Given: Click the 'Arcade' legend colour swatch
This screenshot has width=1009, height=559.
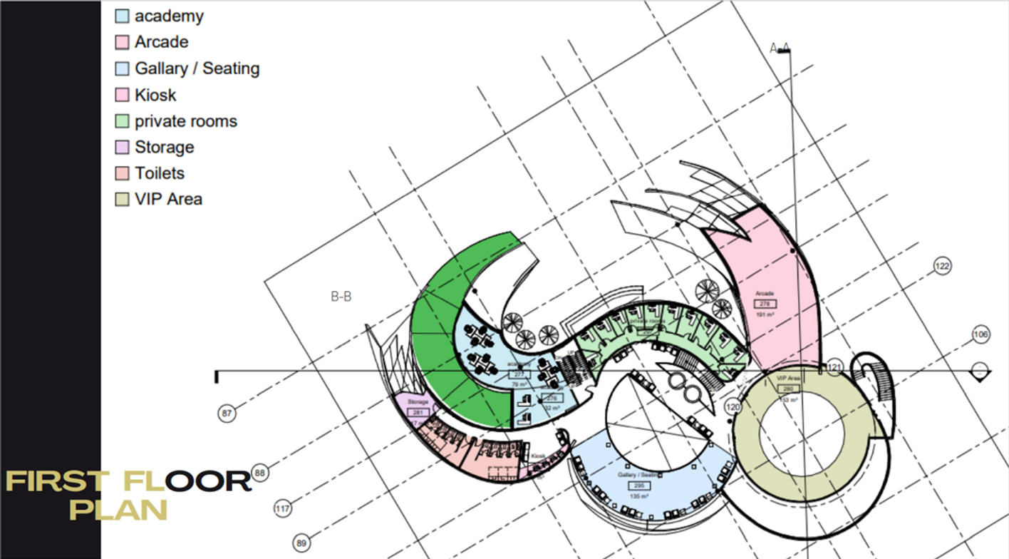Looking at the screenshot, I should (122, 42).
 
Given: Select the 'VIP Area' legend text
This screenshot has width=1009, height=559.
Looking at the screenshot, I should (168, 199).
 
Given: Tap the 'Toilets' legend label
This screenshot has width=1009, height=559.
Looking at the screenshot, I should (160, 173).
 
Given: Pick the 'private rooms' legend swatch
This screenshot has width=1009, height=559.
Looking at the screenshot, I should (122, 121).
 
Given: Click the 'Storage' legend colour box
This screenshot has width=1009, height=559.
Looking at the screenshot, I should (122, 147).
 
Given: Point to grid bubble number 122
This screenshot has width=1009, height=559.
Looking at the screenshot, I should (942, 267).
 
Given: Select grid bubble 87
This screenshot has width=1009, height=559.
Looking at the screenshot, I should (227, 413).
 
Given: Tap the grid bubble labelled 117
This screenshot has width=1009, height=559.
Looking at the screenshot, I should (283, 509).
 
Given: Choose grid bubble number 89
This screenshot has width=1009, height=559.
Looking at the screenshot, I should (301, 543).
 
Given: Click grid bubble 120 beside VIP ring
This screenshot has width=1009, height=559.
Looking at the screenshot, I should (733, 406).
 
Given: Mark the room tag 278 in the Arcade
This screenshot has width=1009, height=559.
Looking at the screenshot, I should (765, 304).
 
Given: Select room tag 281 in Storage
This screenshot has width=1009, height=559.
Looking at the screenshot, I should (418, 412).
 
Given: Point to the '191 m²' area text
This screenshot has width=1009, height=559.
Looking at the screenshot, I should (765, 314).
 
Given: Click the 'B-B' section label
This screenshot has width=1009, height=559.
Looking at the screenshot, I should (341, 297).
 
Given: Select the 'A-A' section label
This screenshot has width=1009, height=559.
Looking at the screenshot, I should (780, 48).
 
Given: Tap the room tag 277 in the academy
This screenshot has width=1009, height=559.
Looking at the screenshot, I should (519, 374).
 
